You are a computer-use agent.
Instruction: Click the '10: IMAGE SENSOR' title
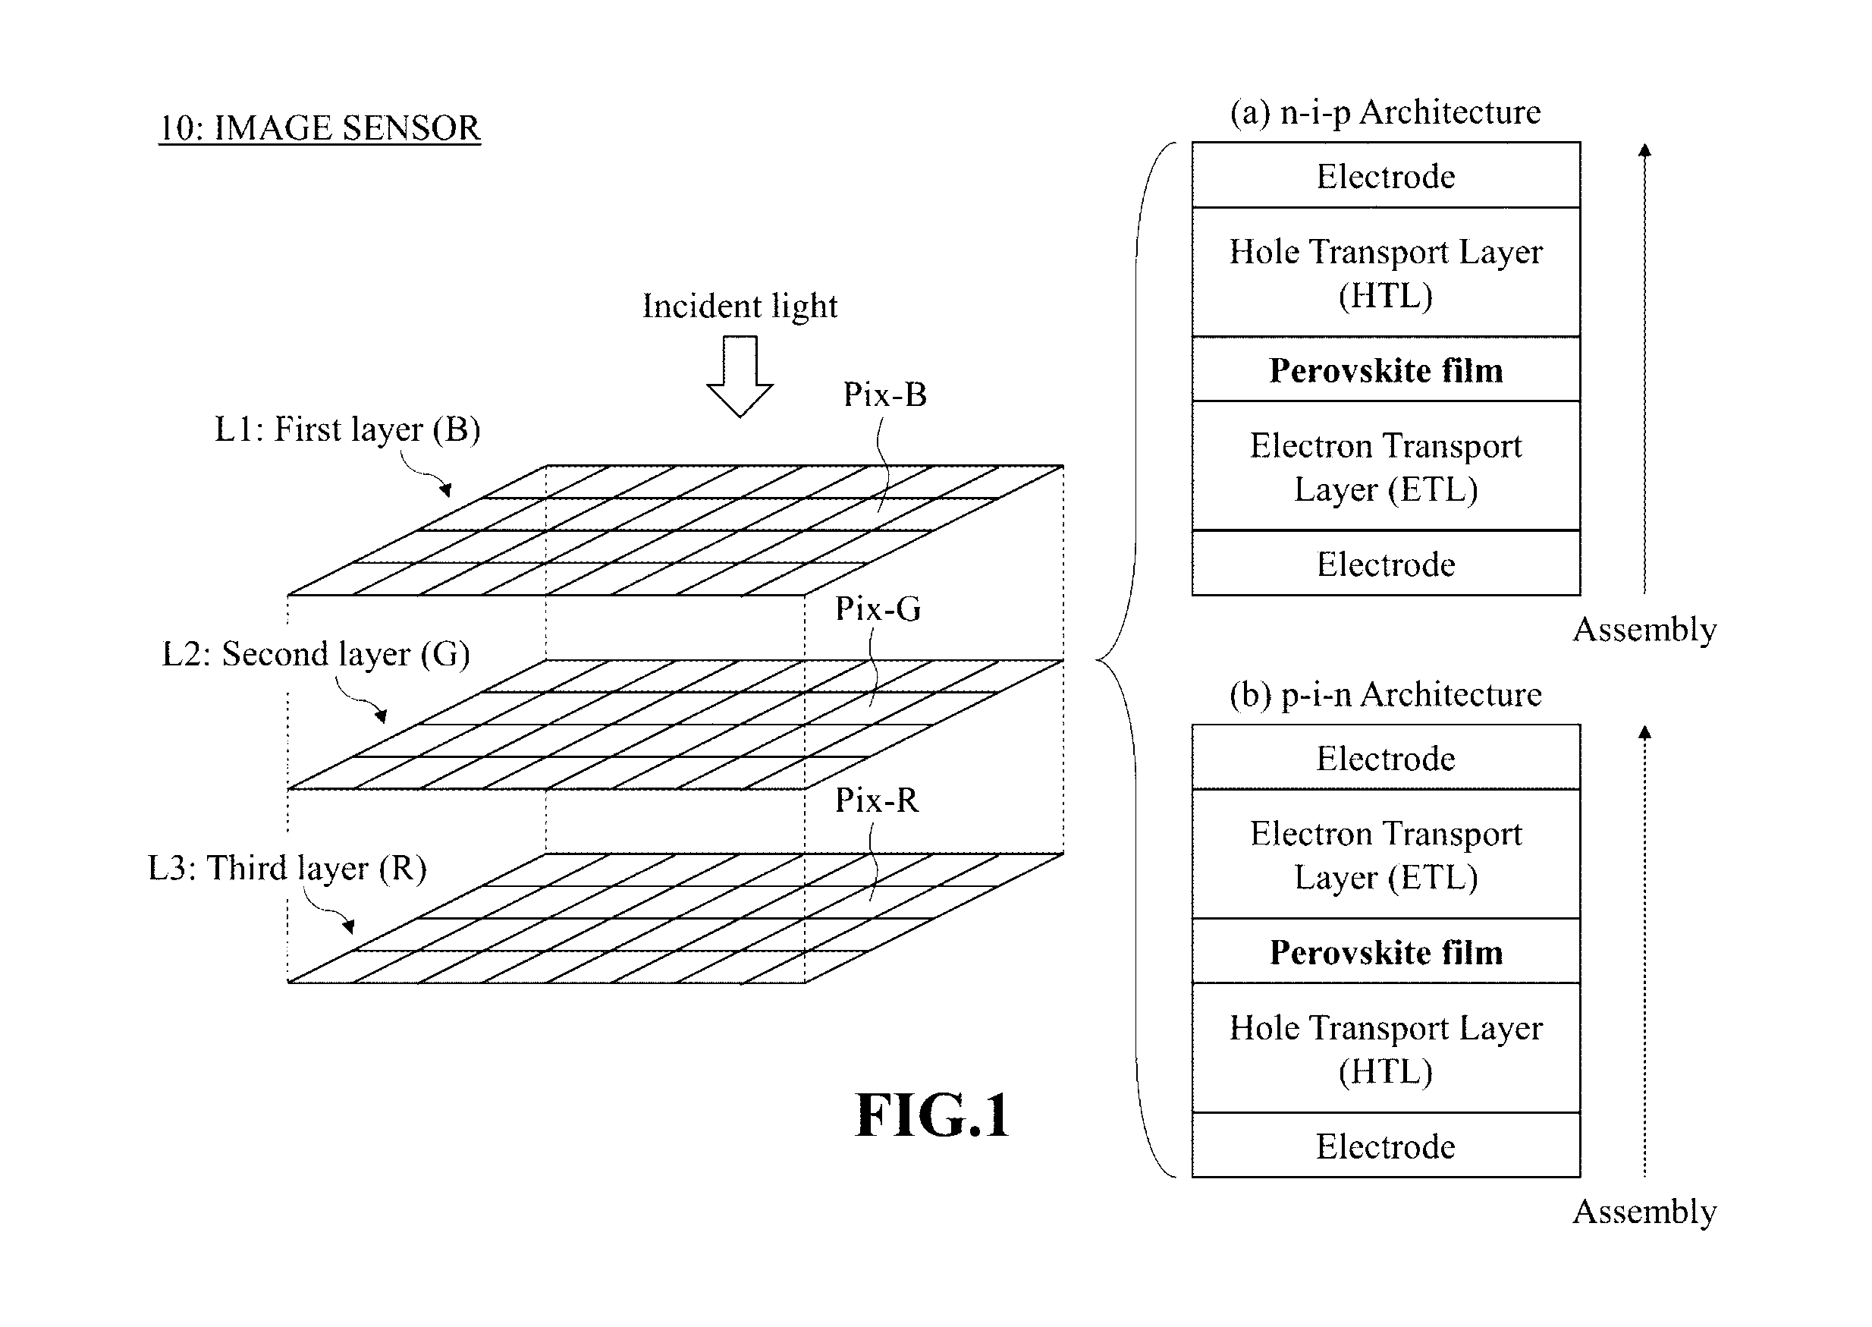[x=319, y=128]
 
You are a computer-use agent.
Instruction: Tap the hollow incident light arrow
[x=740, y=376]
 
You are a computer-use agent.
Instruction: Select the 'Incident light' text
[x=740, y=307]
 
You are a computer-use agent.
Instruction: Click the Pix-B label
[x=885, y=395]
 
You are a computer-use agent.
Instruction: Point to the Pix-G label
[x=878, y=608]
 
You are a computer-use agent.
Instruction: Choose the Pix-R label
[x=876, y=800]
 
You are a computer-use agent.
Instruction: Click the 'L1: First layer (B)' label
[x=347, y=429]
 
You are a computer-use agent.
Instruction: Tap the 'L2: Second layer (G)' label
[x=316, y=655]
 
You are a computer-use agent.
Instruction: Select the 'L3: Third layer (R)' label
[x=287, y=869]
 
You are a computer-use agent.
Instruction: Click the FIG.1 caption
[x=932, y=1115]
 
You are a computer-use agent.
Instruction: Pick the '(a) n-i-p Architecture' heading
[x=1385, y=113]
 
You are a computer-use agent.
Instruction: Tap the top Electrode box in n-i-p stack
[x=1386, y=175]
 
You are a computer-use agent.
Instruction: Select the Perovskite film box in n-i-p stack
[x=1386, y=369]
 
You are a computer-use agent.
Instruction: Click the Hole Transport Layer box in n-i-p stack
[x=1386, y=272]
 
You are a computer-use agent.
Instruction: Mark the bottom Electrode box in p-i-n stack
[x=1386, y=1145]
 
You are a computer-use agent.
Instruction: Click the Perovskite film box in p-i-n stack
[x=1386, y=951]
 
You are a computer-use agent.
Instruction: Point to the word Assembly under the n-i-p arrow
[x=1644, y=630]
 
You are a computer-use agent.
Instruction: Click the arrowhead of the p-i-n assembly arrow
[x=1645, y=731]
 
